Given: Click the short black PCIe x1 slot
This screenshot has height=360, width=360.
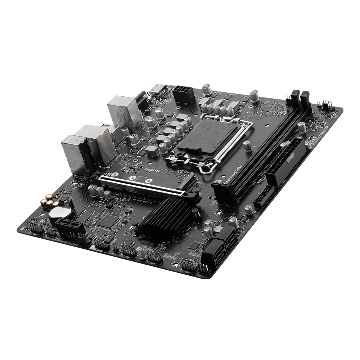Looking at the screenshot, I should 68,226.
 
